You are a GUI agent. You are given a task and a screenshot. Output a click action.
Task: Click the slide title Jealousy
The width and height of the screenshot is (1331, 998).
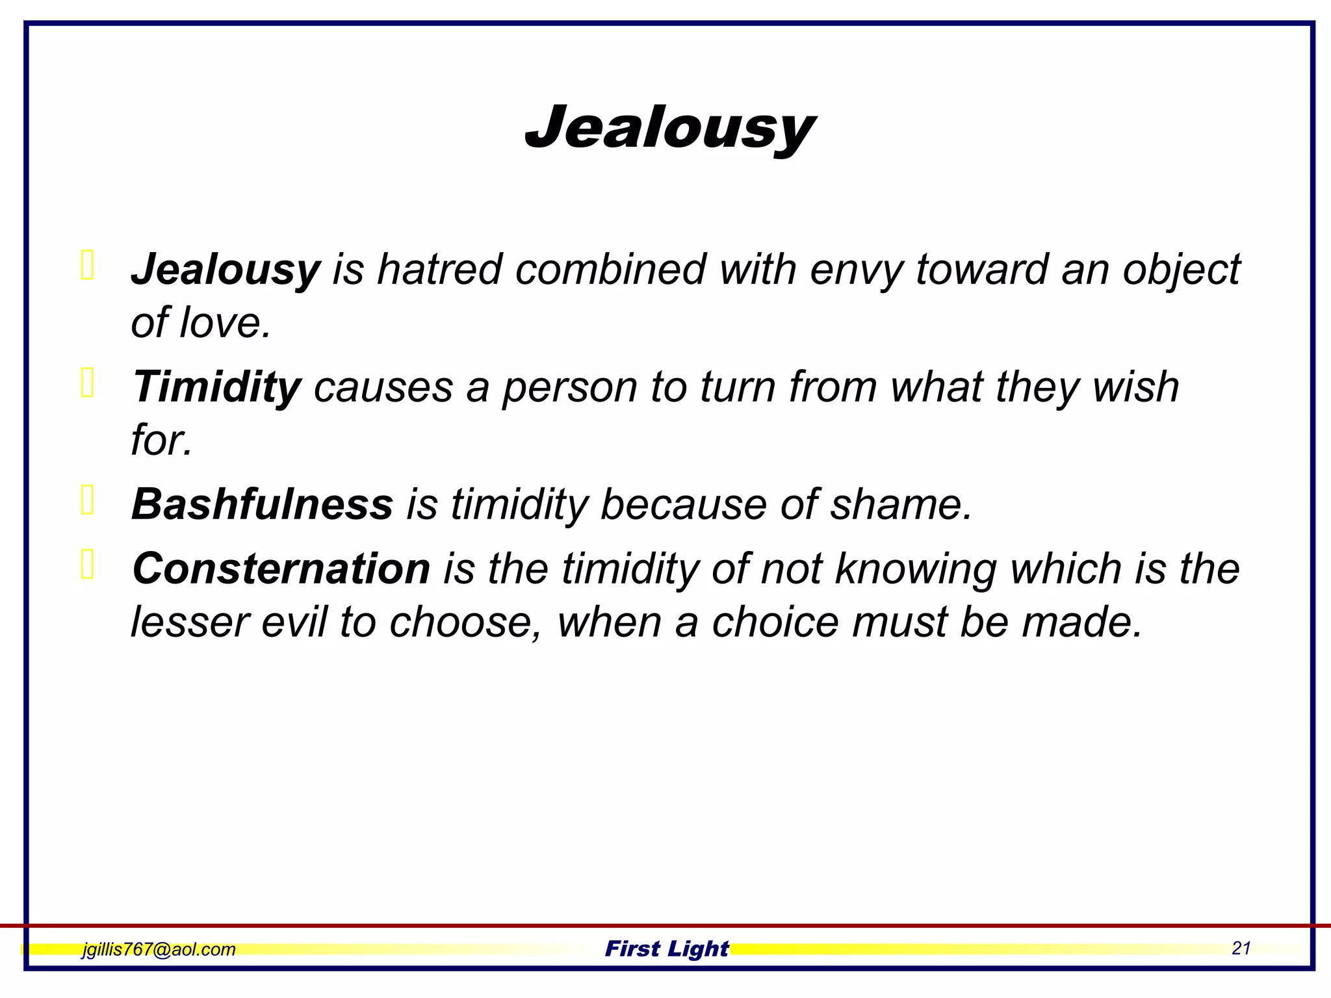coord(669,128)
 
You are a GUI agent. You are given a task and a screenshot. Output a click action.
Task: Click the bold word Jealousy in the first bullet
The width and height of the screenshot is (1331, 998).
coord(226,269)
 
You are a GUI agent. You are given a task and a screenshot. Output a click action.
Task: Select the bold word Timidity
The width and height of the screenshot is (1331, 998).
coord(216,387)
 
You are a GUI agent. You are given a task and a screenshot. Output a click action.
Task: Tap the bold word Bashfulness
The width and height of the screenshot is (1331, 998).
coord(262,504)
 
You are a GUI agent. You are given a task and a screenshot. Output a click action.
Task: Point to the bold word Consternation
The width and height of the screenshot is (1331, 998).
coord(281,569)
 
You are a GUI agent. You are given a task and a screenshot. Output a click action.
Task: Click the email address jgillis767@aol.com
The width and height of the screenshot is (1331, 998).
coord(159,949)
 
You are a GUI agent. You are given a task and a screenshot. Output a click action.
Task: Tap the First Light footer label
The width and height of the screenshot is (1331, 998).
coord(667,949)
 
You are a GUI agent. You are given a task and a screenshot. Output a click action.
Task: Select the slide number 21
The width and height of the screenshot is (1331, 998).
coord(1241,949)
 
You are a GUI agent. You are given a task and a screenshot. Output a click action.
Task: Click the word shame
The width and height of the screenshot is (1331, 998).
coord(899,504)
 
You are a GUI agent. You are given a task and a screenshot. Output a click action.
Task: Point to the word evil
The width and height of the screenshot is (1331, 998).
coord(294,622)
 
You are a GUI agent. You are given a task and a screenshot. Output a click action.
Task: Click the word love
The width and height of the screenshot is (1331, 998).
coord(224,322)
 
